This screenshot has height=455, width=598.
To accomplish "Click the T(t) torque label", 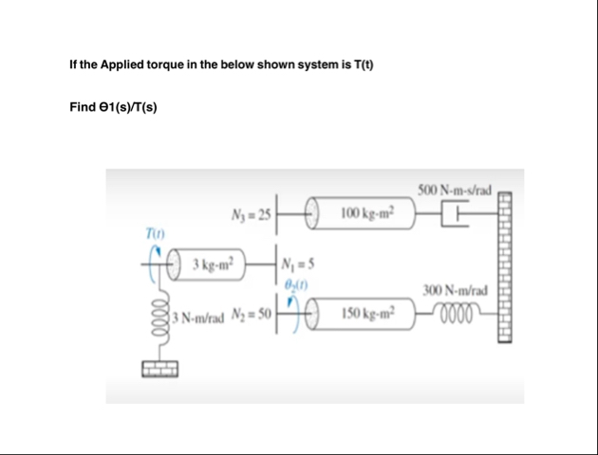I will (153, 233).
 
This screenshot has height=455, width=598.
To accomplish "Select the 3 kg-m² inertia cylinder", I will (209, 262).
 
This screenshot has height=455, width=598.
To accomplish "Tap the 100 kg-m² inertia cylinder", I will (359, 212).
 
